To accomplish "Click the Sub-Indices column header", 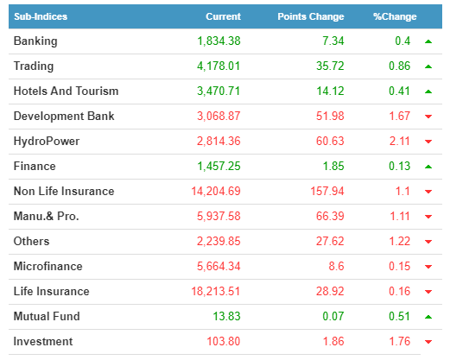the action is (x=41, y=16).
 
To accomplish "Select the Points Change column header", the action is (x=311, y=16).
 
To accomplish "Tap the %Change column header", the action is (x=395, y=16).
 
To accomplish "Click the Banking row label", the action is (x=35, y=41).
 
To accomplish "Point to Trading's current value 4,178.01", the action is (x=219, y=66).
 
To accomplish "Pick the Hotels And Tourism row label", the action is (x=66, y=91).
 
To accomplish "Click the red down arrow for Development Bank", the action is (x=428, y=117).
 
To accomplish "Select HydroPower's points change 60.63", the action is (x=330, y=141).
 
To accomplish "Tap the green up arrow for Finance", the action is (x=428, y=167).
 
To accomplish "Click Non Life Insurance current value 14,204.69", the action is (x=216, y=191).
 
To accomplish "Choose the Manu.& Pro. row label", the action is (x=46, y=216).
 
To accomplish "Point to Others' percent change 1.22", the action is (x=400, y=241).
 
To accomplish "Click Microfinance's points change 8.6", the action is (x=336, y=266).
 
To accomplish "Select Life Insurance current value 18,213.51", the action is (x=216, y=291).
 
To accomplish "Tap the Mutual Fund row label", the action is (x=47, y=316).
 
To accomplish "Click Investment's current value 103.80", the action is (x=224, y=341).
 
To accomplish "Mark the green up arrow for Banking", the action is (x=428, y=41).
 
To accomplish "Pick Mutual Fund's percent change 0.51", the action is (x=399, y=316).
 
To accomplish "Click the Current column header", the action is (x=223, y=16).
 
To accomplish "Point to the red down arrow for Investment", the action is (x=428, y=342).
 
